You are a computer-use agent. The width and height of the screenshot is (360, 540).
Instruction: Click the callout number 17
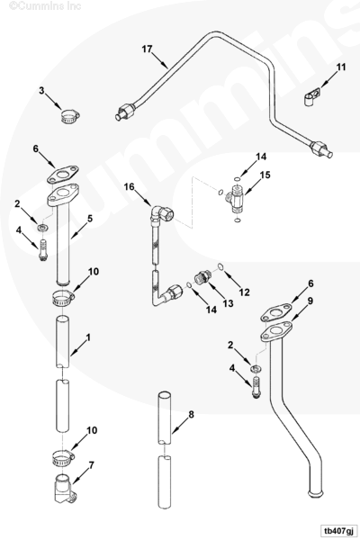pyautogui.click(x=147, y=49)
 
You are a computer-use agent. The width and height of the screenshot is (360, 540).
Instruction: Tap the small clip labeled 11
pyautogui.click(x=312, y=95)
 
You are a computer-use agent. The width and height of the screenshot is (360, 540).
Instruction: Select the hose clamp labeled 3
pyautogui.click(x=70, y=115)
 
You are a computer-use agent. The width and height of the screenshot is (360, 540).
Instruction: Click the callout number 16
pyautogui.click(x=130, y=186)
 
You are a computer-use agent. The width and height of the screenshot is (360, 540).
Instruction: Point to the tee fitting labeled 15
pyautogui.click(x=235, y=198)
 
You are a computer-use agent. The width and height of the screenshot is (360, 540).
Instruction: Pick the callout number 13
pyautogui.click(x=228, y=303)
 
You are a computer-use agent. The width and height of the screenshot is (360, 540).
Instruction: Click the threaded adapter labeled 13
pyautogui.click(x=202, y=276)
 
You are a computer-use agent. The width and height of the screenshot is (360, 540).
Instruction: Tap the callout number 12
pyautogui.click(x=244, y=292)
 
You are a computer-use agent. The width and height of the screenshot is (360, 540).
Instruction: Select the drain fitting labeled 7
pyautogui.click(x=65, y=487)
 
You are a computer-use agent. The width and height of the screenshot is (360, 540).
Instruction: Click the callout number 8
pyautogui.click(x=191, y=415)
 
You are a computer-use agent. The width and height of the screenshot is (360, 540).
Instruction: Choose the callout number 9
pyautogui.click(x=310, y=301)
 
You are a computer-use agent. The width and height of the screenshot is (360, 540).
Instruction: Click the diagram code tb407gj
pyautogui.click(x=337, y=530)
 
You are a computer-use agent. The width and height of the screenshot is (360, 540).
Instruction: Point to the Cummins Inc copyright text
pyautogui.click(x=45, y=6)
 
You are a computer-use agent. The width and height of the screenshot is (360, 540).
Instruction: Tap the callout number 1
pyautogui.click(x=88, y=337)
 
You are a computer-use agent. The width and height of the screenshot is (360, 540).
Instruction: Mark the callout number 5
pyautogui.click(x=90, y=219)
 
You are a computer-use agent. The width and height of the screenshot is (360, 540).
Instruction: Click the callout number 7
pyautogui.click(x=91, y=465)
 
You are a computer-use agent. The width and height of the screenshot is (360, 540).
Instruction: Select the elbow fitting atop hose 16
pyautogui.click(x=161, y=214)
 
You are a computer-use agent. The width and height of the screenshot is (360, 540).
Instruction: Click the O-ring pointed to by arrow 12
pyautogui.click(x=220, y=266)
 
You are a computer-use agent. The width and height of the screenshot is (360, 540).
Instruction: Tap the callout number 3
pyautogui.click(x=41, y=91)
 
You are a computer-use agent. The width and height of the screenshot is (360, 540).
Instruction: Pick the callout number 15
pyautogui.click(x=265, y=175)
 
